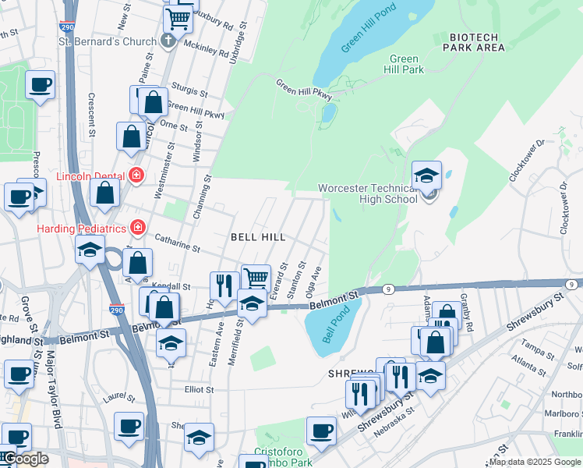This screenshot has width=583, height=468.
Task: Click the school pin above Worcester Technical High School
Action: coord(426,175)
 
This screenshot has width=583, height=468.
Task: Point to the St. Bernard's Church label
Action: coord(111,41)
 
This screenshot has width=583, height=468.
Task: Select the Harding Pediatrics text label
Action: coord(82,228)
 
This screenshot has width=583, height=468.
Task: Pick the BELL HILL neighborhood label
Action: coord(257,236)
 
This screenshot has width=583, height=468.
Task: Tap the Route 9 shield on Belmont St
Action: coord(387,289)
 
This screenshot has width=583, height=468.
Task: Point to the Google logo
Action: coord(25,459)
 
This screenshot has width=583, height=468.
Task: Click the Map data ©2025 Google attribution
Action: coord(535,462)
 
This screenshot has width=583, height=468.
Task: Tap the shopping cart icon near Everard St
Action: coord(256,277)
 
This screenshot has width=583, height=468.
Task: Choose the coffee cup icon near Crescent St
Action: coord(41,85)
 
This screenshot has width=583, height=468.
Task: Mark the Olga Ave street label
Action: coord(315,283)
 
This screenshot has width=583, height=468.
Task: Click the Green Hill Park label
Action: coord(406,64)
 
